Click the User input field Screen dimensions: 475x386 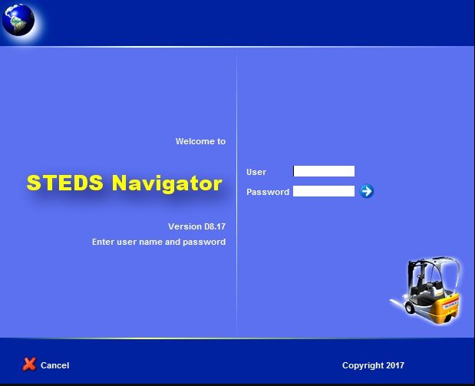[324, 171]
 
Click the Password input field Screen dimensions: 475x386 [324, 191]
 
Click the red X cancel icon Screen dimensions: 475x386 [29, 365]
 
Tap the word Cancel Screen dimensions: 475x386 [54, 365]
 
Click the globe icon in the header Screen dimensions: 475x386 [18, 20]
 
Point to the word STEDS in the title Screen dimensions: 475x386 [64, 183]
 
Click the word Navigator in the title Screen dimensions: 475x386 [167, 183]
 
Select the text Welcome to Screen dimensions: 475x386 [200, 141]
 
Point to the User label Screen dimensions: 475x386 [256, 172]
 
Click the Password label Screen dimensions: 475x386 [268, 192]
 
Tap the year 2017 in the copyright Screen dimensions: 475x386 [395, 365]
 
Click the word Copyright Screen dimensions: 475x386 [363, 366]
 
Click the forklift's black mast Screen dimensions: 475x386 [413, 279]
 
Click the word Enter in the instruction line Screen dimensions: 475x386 [104, 242]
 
